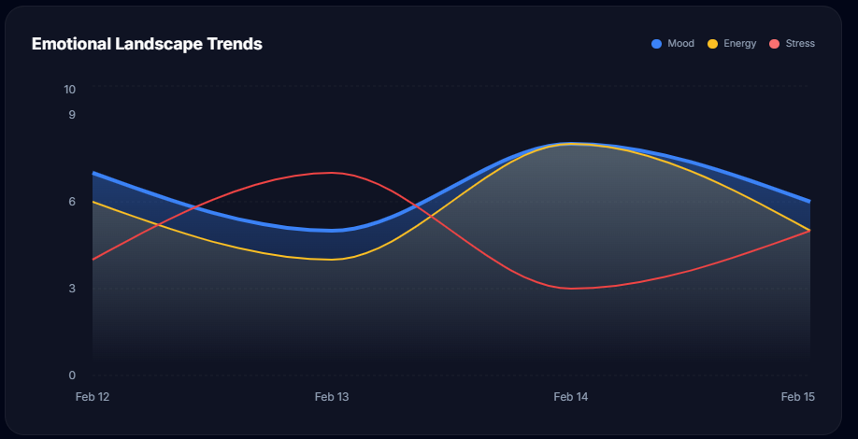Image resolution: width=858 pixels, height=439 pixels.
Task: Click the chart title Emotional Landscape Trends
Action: (147, 44)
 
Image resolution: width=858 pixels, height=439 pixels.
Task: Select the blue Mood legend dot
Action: (657, 44)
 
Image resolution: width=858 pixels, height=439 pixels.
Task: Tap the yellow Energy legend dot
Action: (712, 44)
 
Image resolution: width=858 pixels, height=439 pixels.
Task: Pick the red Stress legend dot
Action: (774, 44)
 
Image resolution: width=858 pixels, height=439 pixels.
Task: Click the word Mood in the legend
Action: (680, 44)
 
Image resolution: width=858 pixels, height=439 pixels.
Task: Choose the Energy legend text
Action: (740, 44)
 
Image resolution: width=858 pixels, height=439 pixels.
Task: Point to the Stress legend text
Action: (800, 44)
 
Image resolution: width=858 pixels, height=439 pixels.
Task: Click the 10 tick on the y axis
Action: (69, 89)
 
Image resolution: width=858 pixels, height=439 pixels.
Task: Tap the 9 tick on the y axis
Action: (72, 115)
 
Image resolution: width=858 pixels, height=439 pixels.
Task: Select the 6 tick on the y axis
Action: (72, 202)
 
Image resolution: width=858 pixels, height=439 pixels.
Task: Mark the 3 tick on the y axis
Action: (72, 289)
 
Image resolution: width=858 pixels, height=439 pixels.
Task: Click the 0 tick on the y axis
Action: (72, 375)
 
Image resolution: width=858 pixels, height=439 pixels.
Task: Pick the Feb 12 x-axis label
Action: (93, 397)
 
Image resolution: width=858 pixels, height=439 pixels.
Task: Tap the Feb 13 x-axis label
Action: (332, 397)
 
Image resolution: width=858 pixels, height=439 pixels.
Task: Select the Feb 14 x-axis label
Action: (571, 397)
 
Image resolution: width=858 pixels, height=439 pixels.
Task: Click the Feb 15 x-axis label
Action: (798, 397)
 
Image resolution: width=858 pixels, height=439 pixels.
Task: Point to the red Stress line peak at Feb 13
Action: (332, 173)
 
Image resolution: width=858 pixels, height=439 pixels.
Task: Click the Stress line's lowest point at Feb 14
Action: (571, 289)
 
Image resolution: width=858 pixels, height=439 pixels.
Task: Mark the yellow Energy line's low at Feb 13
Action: (332, 260)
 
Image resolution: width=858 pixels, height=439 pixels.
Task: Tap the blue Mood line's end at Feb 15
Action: (809, 202)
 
